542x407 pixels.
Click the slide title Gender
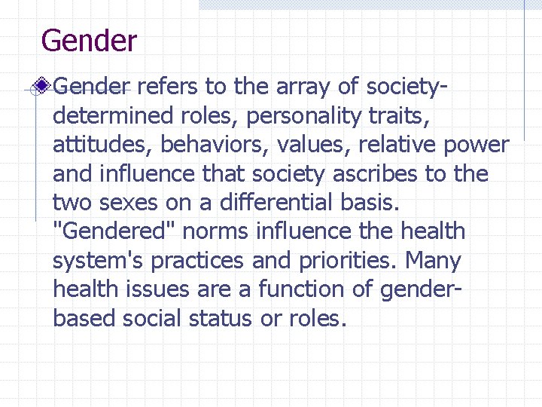click(x=89, y=41)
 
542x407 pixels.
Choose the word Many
click(x=434, y=261)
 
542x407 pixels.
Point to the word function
click(x=308, y=289)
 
